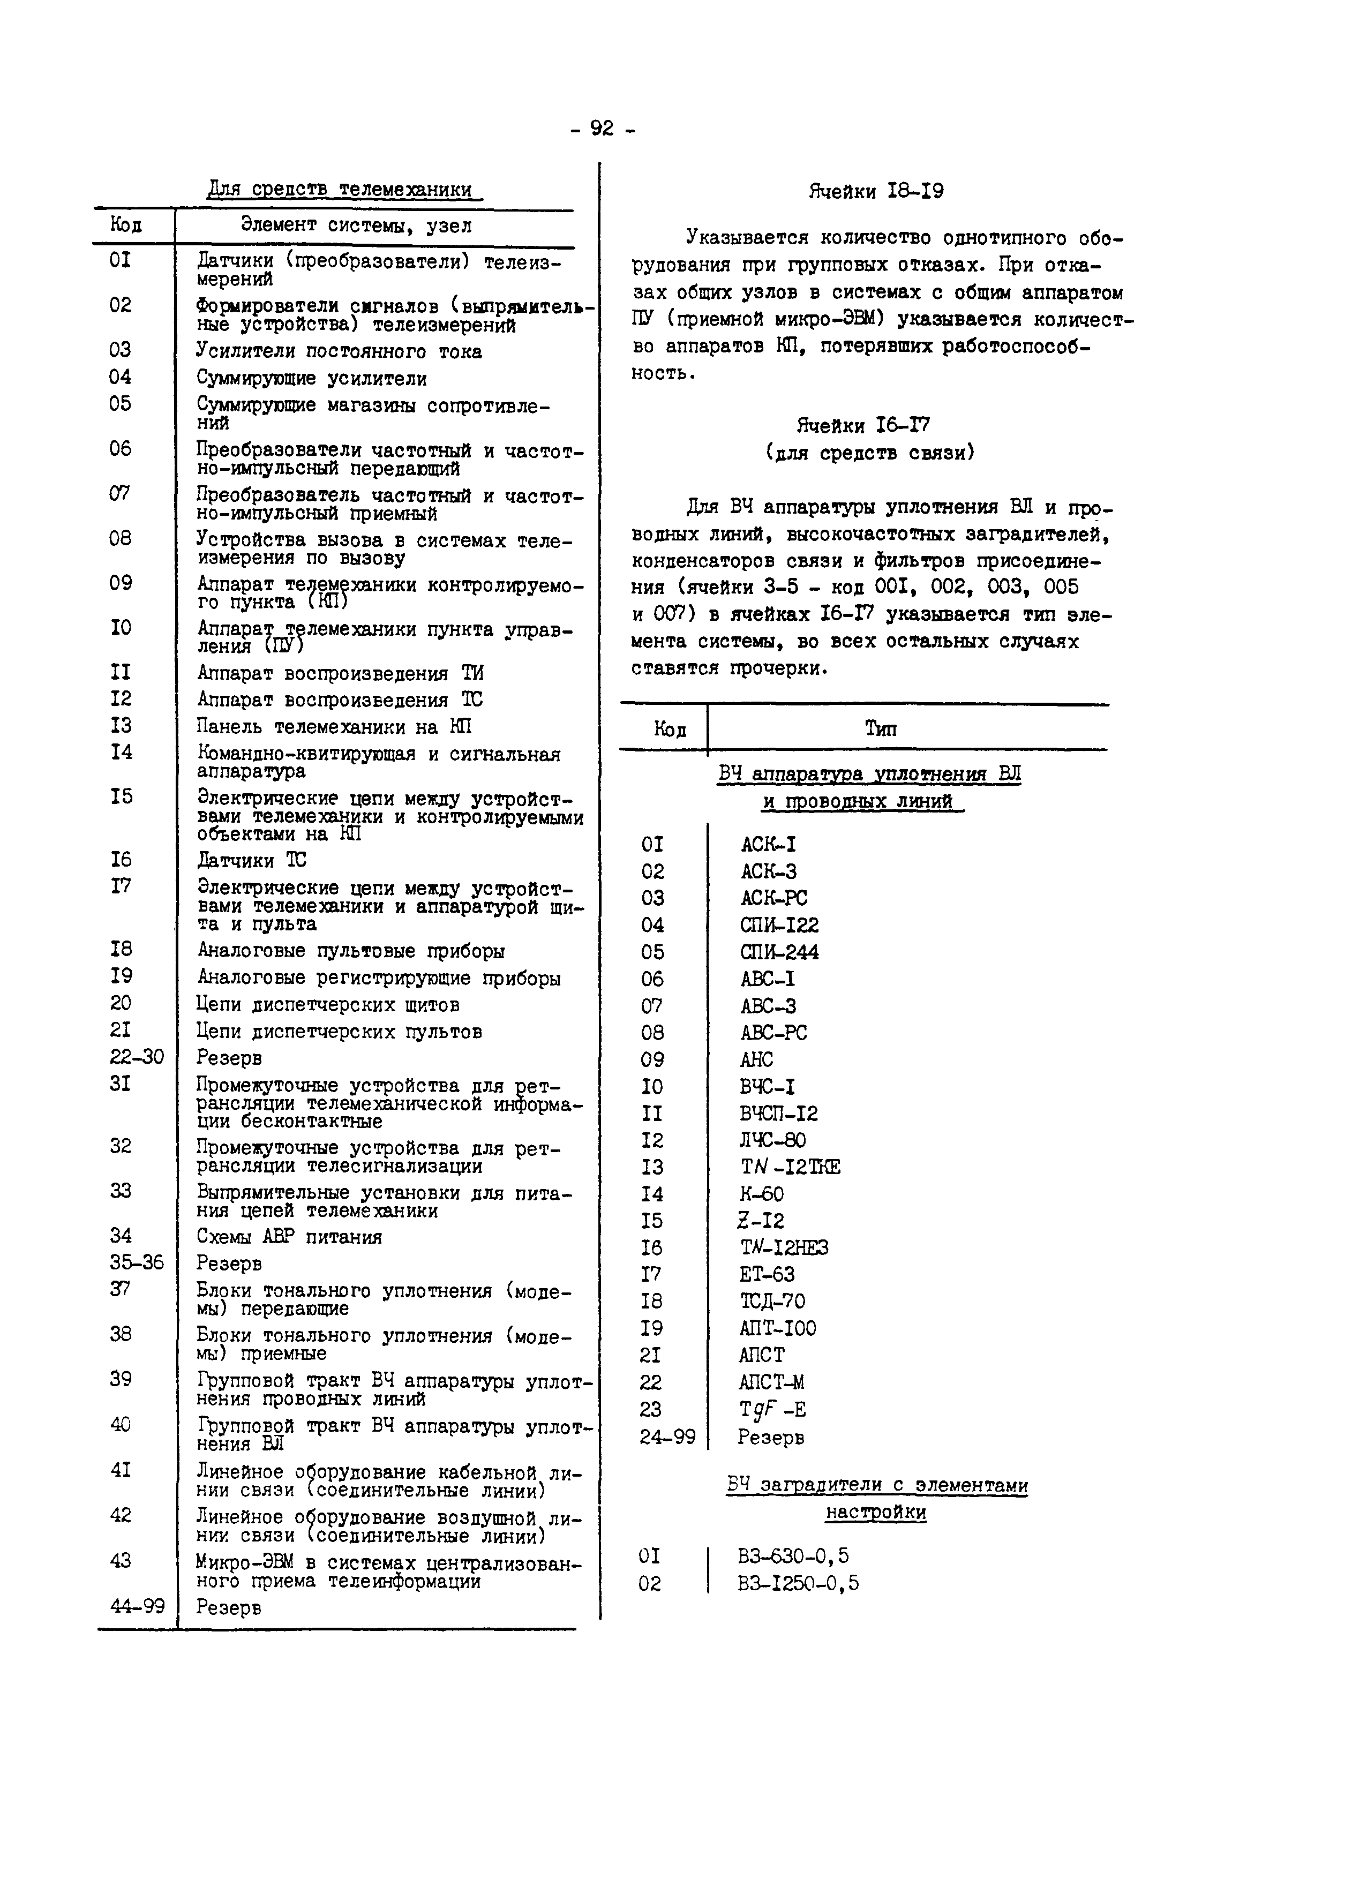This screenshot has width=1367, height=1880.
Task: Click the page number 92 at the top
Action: point(602,129)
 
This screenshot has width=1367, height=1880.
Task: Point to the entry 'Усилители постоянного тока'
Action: point(339,351)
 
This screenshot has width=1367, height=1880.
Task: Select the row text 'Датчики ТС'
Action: point(251,860)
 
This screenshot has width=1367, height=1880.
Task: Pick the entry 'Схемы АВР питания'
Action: point(289,1237)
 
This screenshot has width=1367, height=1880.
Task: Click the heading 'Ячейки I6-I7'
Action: point(863,426)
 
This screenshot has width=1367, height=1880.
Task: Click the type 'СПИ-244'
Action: point(779,952)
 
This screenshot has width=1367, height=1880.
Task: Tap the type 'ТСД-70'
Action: point(772,1302)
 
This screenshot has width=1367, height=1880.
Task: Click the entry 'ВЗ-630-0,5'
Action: point(793,1556)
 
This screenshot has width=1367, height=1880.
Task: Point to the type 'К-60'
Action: point(761,1194)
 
